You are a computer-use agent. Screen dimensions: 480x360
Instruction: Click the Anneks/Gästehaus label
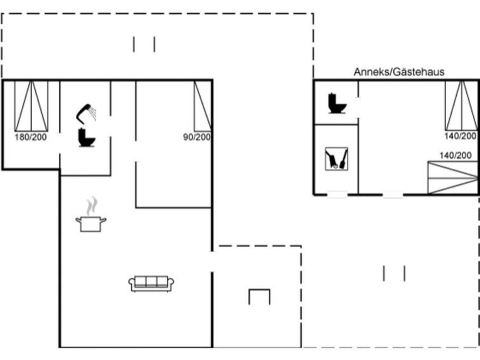coord(399,72)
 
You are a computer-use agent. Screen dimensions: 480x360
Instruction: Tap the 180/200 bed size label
coord(31,137)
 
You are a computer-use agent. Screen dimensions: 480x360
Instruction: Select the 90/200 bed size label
coord(197,137)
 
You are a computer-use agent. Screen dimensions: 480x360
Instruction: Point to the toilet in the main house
coord(86,137)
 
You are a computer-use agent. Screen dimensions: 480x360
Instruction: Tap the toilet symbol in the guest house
coord(337,103)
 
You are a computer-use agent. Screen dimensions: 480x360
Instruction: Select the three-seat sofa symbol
coord(151,284)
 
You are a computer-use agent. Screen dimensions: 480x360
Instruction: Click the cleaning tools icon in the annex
coord(336,159)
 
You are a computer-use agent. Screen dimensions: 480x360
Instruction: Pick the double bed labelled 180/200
coord(31,106)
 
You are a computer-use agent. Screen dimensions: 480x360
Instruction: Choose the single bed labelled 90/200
coord(202,106)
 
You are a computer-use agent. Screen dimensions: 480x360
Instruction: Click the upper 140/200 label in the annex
coord(460,135)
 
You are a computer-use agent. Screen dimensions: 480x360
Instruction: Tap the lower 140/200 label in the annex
coord(455,155)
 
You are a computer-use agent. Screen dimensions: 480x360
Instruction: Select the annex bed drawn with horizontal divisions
coord(453,177)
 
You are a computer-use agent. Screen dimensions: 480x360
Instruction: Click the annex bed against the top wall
coord(462,106)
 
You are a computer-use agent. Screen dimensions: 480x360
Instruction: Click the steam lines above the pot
coord(92,206)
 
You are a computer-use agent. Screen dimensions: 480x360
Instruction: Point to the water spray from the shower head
coord(93,113)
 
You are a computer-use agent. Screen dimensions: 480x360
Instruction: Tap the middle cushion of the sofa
coord(151,281)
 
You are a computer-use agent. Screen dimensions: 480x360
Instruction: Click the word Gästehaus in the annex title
coord(418,72)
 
